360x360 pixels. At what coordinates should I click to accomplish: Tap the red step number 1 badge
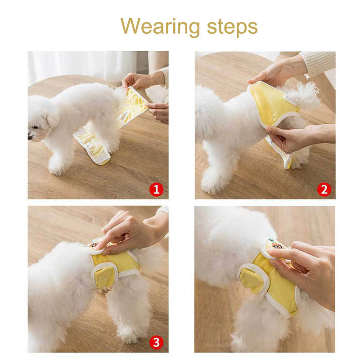pos(156,189)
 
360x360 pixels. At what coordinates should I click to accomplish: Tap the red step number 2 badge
pos(324,189)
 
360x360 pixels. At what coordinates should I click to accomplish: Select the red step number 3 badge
pos(156,343)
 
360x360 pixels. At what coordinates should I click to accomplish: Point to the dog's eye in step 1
pos(36,127)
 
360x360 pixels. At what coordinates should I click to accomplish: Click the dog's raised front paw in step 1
pos(56,165)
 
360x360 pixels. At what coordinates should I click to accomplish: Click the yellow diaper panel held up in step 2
pos(273,104)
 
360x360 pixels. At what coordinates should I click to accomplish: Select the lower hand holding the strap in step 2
pos(298,137)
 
